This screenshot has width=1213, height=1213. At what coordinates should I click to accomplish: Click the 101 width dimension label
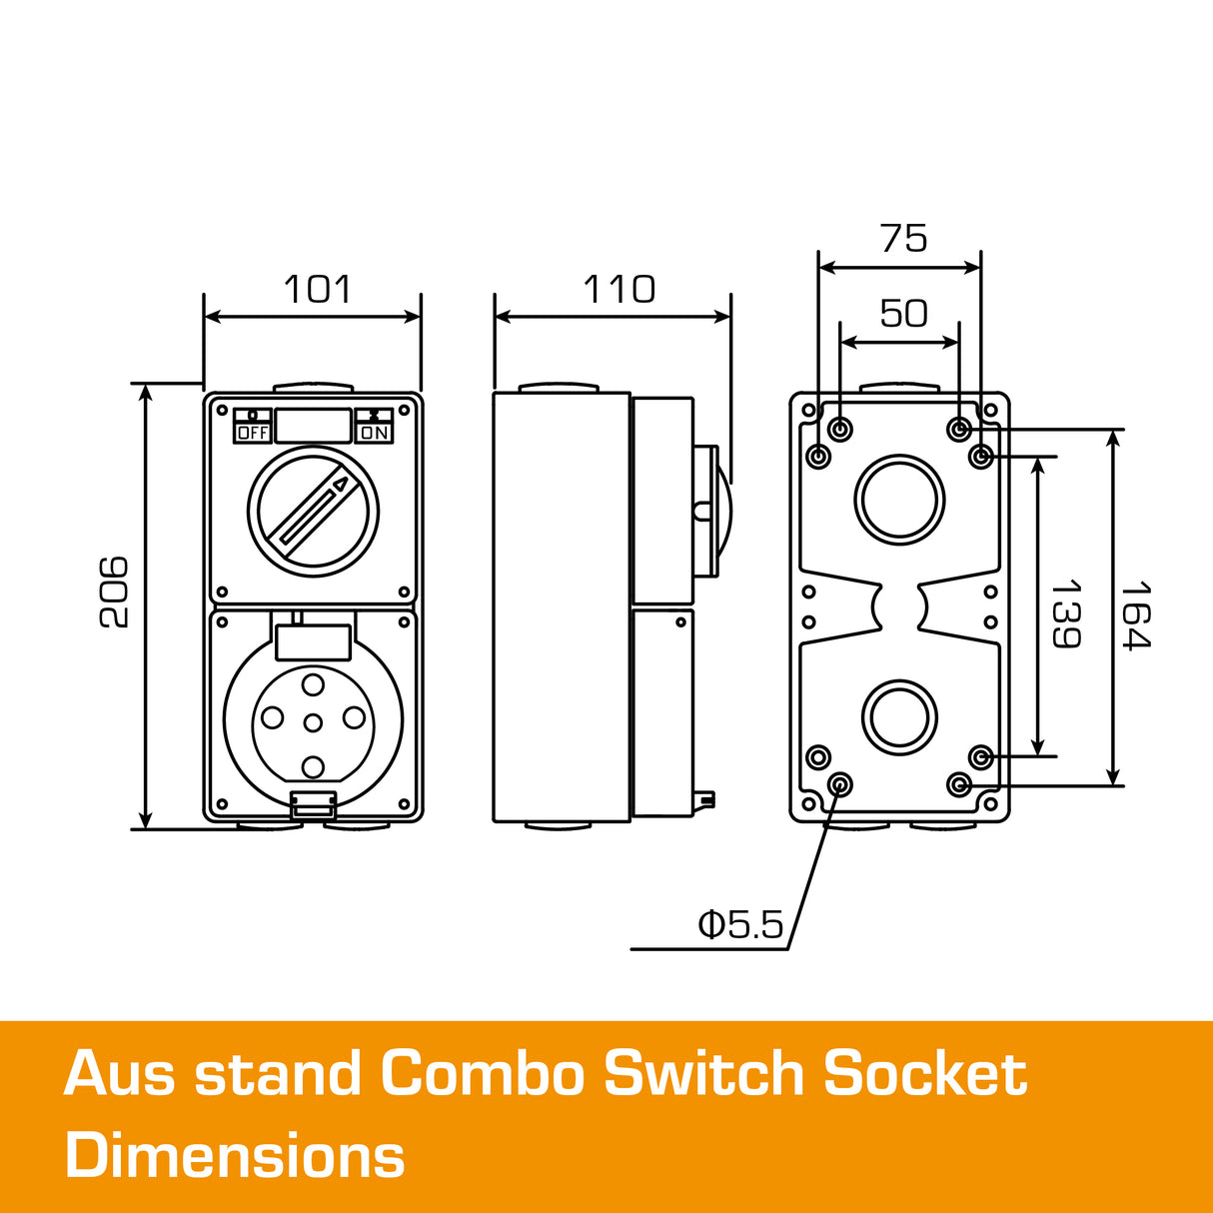pos(318,290)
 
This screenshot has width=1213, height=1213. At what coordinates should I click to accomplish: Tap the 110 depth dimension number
pos(618,290)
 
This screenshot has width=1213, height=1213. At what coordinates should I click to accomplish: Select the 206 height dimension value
pos(116,592)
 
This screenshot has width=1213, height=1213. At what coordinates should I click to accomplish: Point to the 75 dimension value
pos(903,239)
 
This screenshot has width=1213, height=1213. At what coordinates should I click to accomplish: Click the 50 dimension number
pos(903,314)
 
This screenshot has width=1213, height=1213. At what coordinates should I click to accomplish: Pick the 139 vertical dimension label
pos(1066,612)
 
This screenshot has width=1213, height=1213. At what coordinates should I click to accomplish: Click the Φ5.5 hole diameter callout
pos(740,925)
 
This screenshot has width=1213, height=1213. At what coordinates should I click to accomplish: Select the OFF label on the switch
pos(253,433)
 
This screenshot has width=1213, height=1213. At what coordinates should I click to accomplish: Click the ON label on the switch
pos(375,433)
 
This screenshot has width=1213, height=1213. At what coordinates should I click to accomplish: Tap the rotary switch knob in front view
pos(313,511)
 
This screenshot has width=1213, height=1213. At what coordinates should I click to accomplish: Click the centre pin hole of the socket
pos(313,722)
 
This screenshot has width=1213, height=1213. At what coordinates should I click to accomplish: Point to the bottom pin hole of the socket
pos(313,766)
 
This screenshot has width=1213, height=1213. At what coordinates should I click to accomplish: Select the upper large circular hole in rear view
pos(899,500)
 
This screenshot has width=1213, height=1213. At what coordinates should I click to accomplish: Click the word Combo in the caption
pos(482,1075)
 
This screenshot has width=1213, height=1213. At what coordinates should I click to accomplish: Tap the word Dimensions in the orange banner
pos(235,1156)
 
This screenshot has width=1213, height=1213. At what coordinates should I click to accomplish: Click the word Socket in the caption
pos(925,1075)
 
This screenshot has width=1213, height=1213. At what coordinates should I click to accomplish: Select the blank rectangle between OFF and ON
pos(313,426)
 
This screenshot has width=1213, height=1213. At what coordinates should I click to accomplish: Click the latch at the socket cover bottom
pos(313,804)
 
